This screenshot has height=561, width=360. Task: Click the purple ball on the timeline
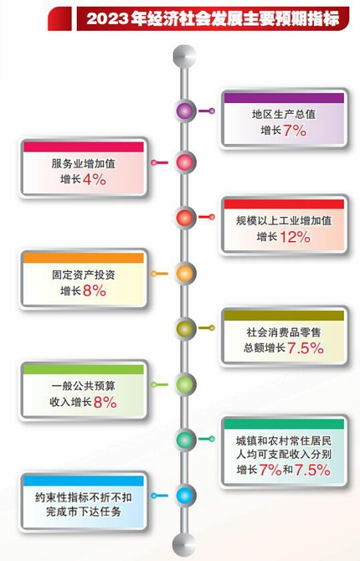pyautogui.click(x=185, y=111)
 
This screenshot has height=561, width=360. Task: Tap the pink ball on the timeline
pyautogui.click(x=185, y=162)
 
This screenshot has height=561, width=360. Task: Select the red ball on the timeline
pyautogui.click(x=185, y=218)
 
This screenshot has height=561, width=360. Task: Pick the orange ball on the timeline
pyautogui.click(x=185, y=273)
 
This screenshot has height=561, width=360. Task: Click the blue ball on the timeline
pyautogui.click(x=185, y=496)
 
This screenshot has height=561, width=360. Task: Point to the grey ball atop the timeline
pyautogui.click(x=185, y=56)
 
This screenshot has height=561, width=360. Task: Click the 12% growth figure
pyautogui.click(x=296, y=237)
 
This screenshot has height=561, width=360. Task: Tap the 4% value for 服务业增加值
pyautogui.click(x=95, y=179)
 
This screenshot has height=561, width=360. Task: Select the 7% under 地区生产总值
pyautogui.click(x=295, y=131)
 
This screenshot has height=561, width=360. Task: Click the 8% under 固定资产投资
pyautogui.click(x=95, y=291)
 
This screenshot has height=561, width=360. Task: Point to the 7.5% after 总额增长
pyautogui.click(x=306, y=348)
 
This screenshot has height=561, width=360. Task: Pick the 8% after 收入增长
pyautogui.click(x=105, y=402)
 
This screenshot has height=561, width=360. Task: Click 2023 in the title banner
pyautogui.click(x=108, y=18)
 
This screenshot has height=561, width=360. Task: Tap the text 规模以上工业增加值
pyautogui.click(x=284, y=220)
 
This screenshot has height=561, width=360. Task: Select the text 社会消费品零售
pyautogui.click(x=284, y=332)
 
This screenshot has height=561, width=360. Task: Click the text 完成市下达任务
pyautogui.click(x=84, y=512)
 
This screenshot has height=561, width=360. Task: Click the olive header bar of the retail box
pyautogui.click(x=284, y=315)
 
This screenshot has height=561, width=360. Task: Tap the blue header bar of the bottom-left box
pyautogui.click(x=84, y=481)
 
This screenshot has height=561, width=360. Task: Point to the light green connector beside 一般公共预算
pyautogui.click(x=160, y=384)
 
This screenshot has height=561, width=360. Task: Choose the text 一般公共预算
pyautogui.click(x=84, y=386)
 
